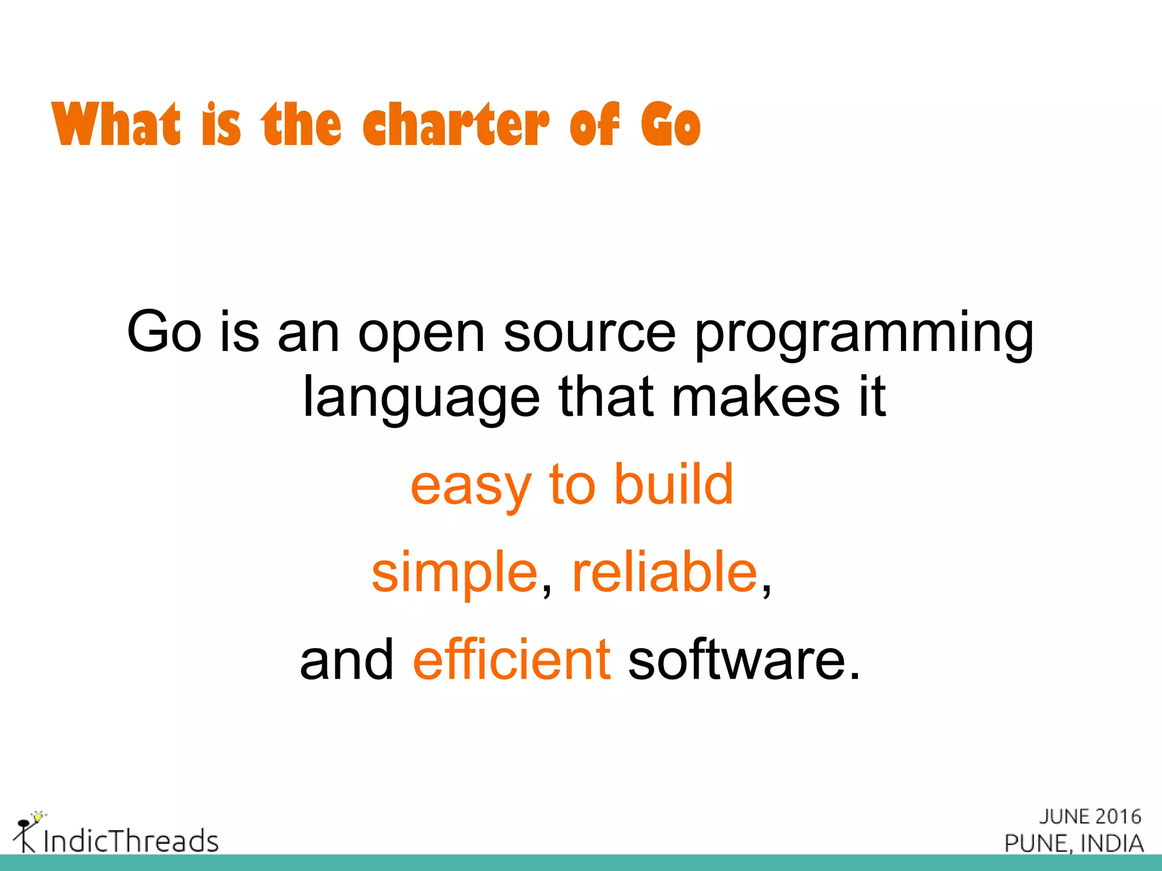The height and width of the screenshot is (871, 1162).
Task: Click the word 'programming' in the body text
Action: [864, 335]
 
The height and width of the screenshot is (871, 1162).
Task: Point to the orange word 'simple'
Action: [454, 574]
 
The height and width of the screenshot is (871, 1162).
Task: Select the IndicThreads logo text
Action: [130, 840]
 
